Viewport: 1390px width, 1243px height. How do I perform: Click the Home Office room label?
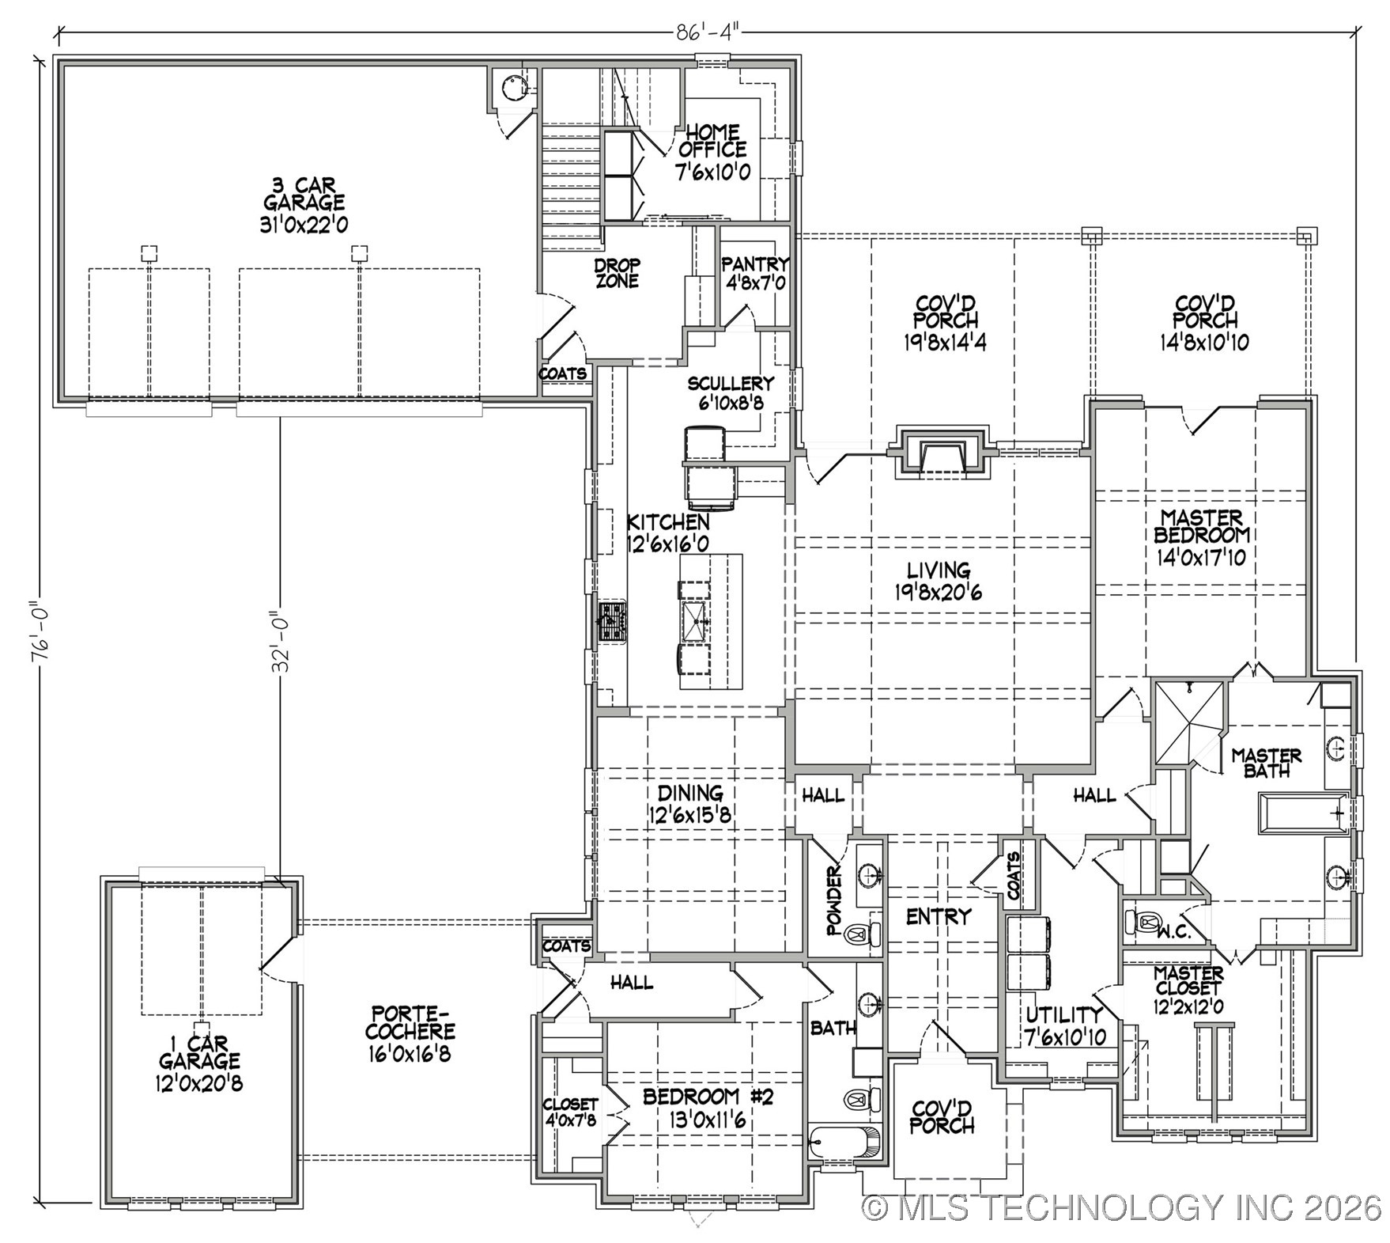tap(712, 151)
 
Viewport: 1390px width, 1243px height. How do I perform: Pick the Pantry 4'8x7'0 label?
tap(755, 273)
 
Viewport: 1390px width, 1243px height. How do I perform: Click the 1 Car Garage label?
tap(198, 1062)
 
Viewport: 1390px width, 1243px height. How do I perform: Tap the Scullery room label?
tap(730, 392)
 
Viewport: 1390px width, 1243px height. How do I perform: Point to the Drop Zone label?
tap(618, 273)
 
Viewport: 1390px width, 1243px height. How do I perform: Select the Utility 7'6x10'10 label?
tap(1065, 1025)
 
